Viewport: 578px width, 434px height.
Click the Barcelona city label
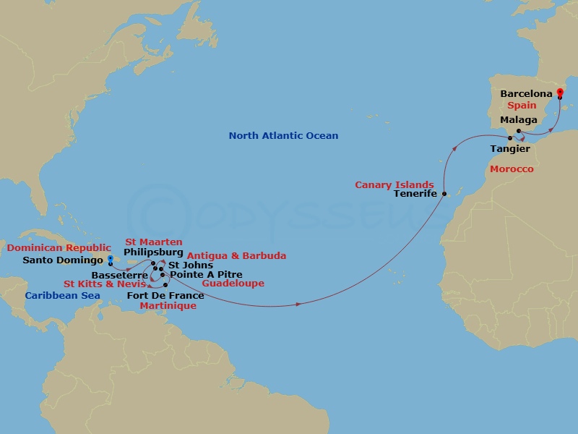(x=526, y=94)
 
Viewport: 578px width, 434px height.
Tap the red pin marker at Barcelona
(x=559, y=92)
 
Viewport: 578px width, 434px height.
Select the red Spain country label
(x=521, y=106)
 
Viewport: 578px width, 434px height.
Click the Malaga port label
(x=519, y=120)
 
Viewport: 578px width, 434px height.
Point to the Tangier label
(x=509, y=149)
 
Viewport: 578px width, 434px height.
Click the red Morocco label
(x=512, y=169)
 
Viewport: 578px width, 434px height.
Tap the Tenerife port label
(x=415, y=194)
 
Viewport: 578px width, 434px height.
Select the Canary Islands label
(x=394, y=184)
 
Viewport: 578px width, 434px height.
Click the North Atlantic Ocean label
(x=283, y=135)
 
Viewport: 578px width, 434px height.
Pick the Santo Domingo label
(x=64, y=260)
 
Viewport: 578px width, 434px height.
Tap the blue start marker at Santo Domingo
(x=110, y=259)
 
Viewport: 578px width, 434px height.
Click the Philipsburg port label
(x=153, y=253)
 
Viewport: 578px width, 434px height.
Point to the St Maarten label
(x=154, y=242)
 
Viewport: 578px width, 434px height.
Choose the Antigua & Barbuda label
(x=236, y=255)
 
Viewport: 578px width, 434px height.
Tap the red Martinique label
(x=169, y=306)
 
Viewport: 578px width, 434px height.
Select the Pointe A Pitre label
(x=206, y=275)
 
